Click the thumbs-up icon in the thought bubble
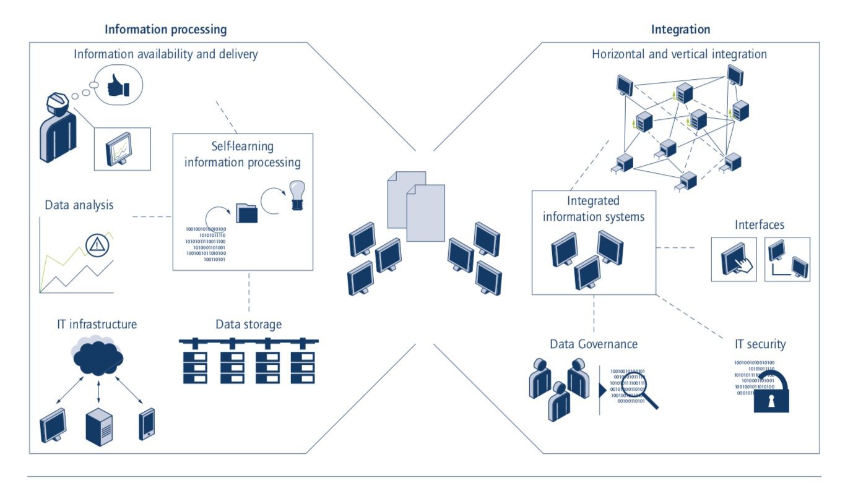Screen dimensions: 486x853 118,88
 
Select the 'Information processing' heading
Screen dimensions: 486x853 165,29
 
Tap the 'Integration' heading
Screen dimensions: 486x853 680,29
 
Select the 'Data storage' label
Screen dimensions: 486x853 248,324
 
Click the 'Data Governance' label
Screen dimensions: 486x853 594,344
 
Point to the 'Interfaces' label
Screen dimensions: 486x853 760,224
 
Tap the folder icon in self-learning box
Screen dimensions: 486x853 247,213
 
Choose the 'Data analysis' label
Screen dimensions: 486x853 79,205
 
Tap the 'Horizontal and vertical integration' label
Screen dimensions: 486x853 679,54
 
